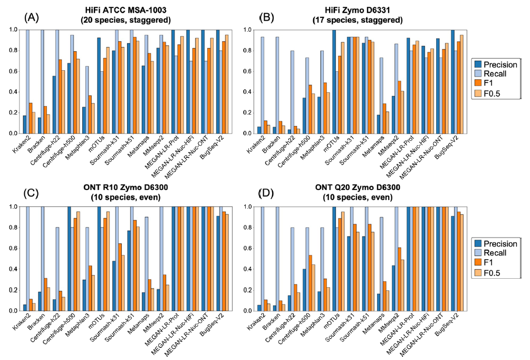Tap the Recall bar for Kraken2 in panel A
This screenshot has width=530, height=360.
(28, 82)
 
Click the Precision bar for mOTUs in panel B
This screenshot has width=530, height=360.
(333, 82)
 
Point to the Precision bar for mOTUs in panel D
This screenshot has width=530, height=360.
(333, 259)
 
